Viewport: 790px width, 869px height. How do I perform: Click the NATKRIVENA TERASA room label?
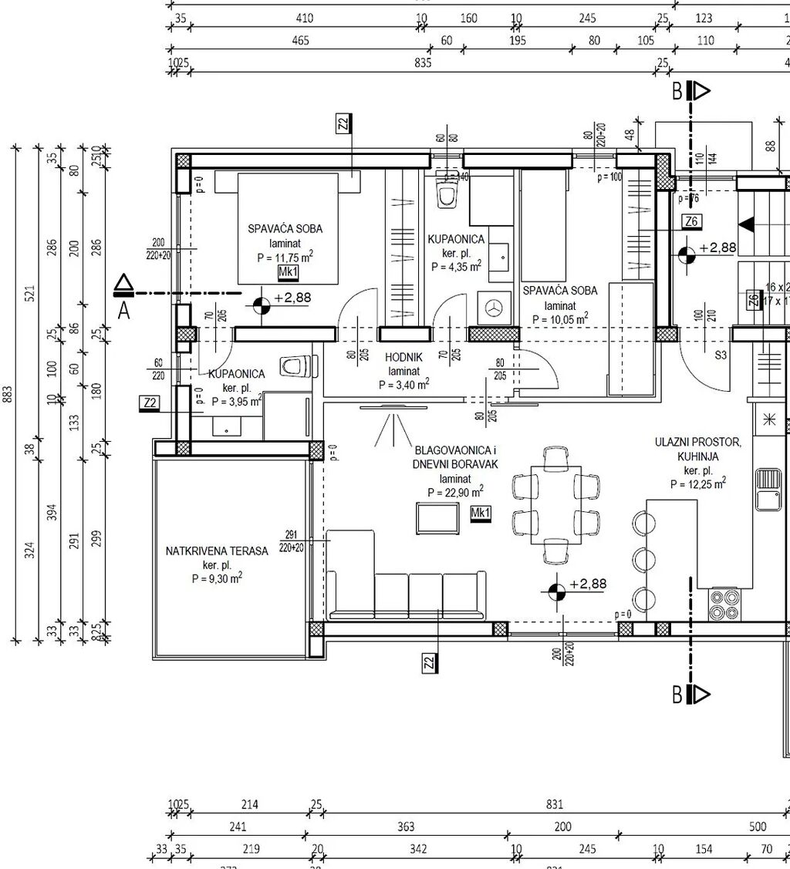(x=217, y=551)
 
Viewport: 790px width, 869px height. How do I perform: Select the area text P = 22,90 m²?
(x=455, y=492)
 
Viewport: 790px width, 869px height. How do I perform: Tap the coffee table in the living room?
(x=439, y=517)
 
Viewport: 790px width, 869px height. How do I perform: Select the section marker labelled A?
(x=123, y=294)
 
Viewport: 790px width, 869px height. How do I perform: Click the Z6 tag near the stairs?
(x=691, y=223)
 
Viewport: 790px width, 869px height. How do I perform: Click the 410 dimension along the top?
(x=305, y=19)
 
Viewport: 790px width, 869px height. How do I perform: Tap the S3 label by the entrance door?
(x=721, y=355)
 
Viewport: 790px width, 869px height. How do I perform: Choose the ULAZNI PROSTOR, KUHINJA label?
(x=698, y=449)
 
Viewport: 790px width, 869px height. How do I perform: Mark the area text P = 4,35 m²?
(x=456, y=267)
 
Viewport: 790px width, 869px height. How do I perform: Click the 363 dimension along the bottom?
(x=406, y=827)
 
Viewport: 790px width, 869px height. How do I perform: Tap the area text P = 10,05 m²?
(x=555, y=317)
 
